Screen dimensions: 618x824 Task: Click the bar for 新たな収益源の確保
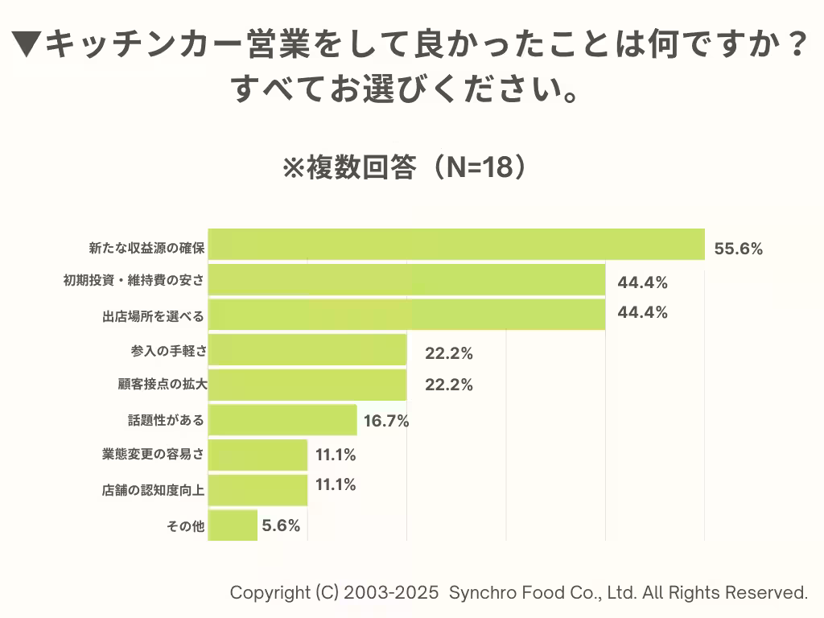[456, 245]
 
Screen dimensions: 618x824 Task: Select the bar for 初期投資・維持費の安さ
[406, 280]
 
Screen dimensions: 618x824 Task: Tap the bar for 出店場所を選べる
[406, 315]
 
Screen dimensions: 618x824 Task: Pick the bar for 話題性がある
[282, 420]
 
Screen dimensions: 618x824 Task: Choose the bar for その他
[233, 525]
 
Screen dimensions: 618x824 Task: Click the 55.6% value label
[738, 249]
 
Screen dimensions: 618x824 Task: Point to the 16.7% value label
[386, 420]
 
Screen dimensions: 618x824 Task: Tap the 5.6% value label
[281, 525]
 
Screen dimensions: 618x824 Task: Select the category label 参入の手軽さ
[167, 351]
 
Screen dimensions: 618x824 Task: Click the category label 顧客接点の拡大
[162, 385]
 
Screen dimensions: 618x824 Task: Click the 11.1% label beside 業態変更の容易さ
[336, 455]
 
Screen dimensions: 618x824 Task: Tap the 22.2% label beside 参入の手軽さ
[448, 352]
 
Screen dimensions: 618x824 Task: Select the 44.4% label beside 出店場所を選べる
[642, 312]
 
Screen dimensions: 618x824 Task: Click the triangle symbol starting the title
[27, 45]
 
